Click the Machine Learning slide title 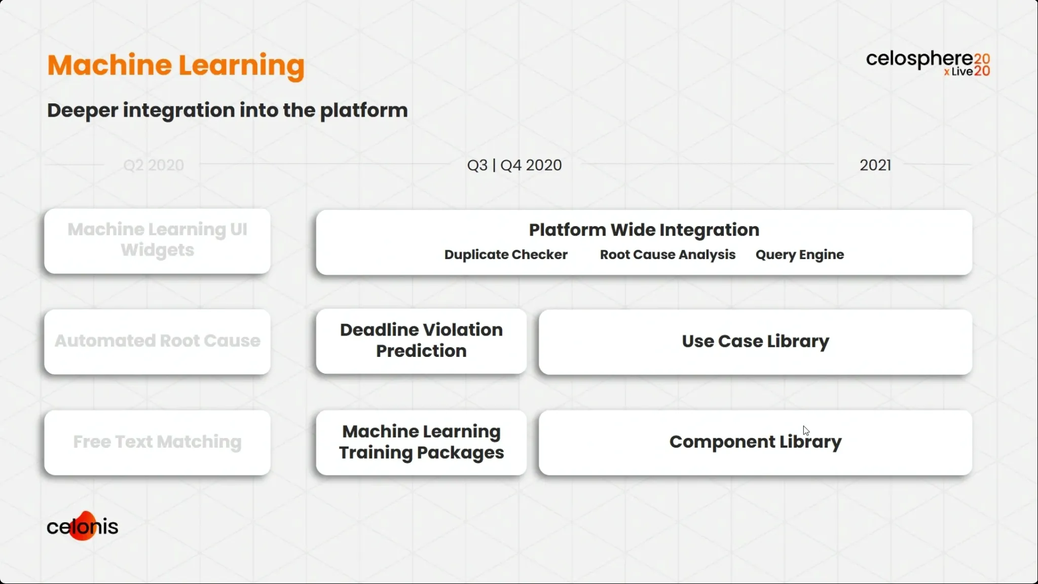176,66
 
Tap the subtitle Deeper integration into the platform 227,111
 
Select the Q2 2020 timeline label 154,165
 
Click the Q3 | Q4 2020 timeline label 514,165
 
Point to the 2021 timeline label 875,165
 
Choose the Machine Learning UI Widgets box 157,241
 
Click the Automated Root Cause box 157,342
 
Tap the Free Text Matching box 157,443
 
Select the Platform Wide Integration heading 644,230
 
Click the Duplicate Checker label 506,254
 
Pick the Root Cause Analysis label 668,254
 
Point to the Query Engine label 800,255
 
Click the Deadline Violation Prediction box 421,341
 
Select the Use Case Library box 755,342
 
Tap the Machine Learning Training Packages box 421,443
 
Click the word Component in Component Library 722,442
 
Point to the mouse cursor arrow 806,431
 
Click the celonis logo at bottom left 83,526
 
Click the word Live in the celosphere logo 962,72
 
